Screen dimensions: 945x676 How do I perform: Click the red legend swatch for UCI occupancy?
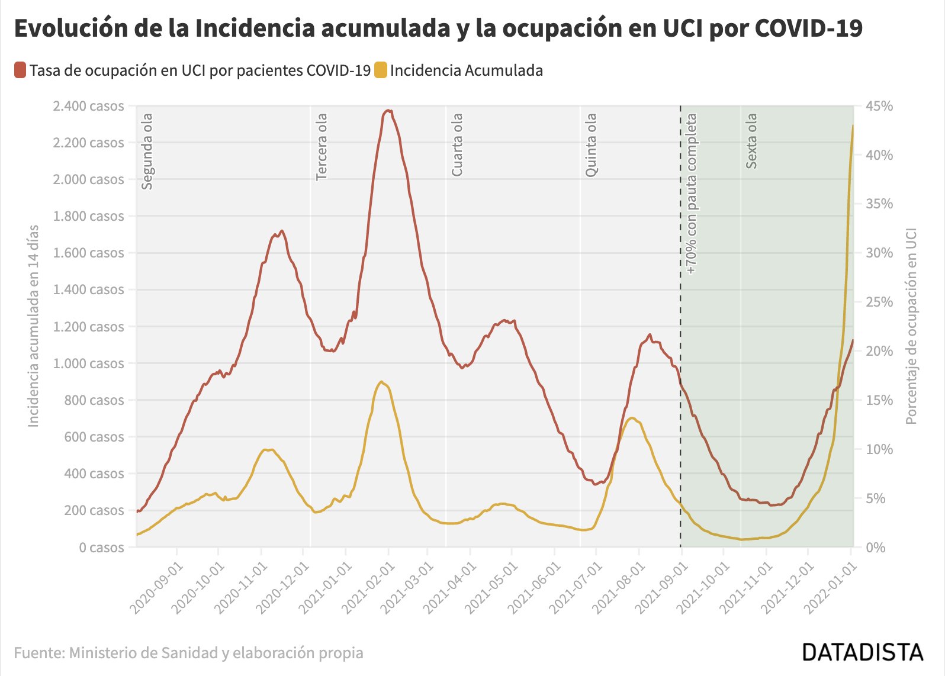coord(20,70)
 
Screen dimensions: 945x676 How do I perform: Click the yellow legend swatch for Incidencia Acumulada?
coord(381,70)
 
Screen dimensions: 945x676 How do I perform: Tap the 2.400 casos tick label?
coord(89,106)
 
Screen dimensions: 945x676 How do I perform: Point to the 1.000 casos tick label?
coord(89,363)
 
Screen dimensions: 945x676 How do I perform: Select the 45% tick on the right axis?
coord(879,106)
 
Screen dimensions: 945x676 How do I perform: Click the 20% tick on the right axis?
coord(879,351)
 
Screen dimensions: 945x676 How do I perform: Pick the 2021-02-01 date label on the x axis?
coord(368,588)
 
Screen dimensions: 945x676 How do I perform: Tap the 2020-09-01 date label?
coord(156,588)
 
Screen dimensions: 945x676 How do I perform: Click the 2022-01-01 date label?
coord(830,588)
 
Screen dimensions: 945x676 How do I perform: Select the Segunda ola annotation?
coord(147,152)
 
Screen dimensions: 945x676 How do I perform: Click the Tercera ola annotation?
coord(322,147)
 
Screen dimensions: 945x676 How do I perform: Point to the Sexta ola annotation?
coord(751,141)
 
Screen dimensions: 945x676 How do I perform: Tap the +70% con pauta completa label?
coord(692,194)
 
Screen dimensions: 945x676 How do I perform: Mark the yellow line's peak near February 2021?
coord(381,382)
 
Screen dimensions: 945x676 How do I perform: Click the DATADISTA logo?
coord(863,652)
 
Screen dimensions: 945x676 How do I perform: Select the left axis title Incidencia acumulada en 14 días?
coord(33,326)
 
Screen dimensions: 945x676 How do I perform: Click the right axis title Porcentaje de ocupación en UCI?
coord(911,326)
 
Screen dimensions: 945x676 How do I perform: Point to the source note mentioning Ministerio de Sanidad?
coord(188,653)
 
